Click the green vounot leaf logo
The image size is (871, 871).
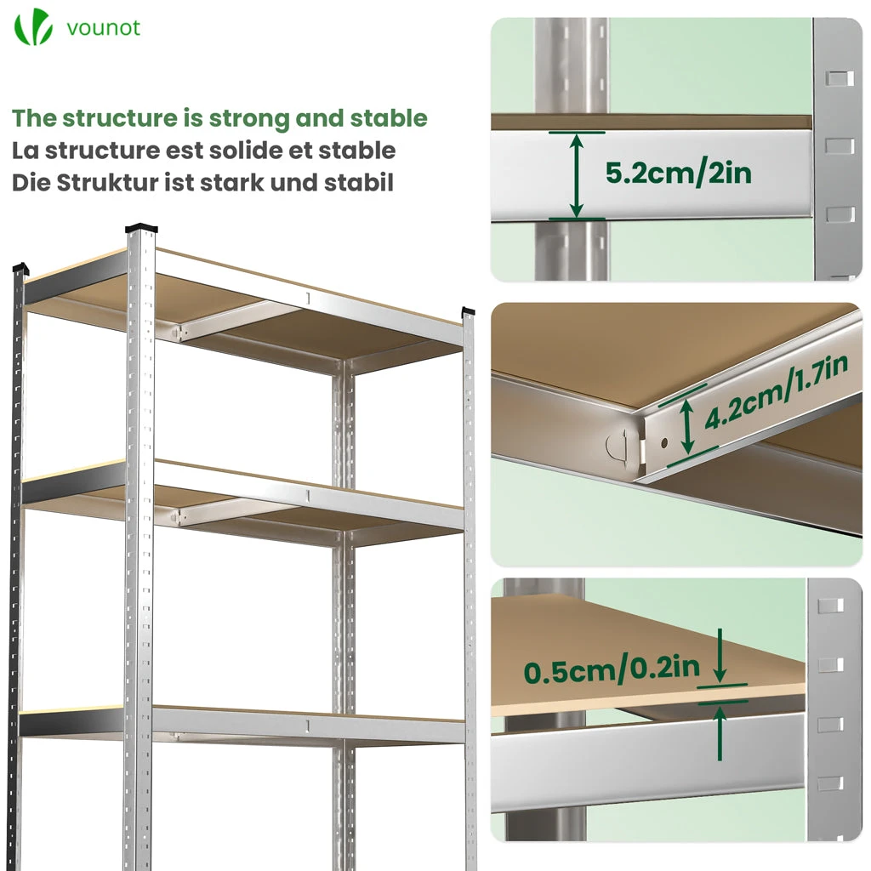click(33, 26)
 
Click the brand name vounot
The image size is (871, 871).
click(103, 28)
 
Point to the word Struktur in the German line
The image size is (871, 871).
click(107, 183)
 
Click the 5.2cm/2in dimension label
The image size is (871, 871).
click(678, 173)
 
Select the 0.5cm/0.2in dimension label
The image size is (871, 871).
click(612, 669)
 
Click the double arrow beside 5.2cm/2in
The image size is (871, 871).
click(577, 175)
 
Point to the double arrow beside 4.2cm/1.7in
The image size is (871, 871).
click(687, 427)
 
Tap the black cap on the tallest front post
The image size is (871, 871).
click(141, 228)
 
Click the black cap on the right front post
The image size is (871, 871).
click(469, 311)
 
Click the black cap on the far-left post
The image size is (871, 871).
click(20, 268)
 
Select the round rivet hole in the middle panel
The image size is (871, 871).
click(664, 443)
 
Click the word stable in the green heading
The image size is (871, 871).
click(389, 118)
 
